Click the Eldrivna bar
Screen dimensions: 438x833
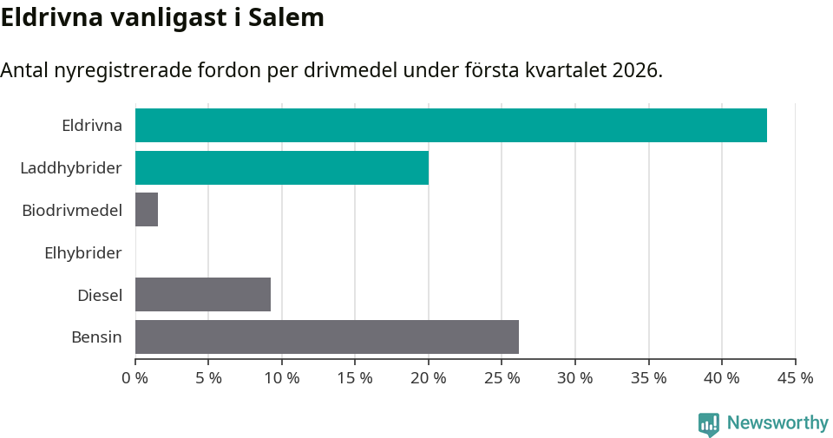click(451, 125)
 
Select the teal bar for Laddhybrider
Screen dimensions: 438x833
click(282, 167)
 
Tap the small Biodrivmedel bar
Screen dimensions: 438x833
click(147, 210)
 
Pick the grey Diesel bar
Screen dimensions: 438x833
click(203, 295)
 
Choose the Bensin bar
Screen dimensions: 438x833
click(327, 337)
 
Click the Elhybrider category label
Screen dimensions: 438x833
click(83, 252)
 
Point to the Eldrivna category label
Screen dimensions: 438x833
click(92, 125)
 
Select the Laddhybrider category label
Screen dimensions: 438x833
click(71, 167)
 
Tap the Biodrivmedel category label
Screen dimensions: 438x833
click(72, 210)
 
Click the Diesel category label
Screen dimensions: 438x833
click(100, 295)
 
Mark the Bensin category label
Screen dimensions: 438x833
click(96, 337)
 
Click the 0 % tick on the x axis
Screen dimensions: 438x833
click(135, 378)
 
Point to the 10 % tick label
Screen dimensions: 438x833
click(282, 378)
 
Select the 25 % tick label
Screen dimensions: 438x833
click(502, 378)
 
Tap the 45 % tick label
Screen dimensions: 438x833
click(795, 378)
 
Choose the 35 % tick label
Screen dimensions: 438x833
click(648, 378)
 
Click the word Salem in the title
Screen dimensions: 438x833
click(286, 17)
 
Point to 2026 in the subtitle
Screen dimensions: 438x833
click(635, 70)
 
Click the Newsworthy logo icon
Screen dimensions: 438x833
click(708, 423)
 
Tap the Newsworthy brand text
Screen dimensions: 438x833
click(777, 423)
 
